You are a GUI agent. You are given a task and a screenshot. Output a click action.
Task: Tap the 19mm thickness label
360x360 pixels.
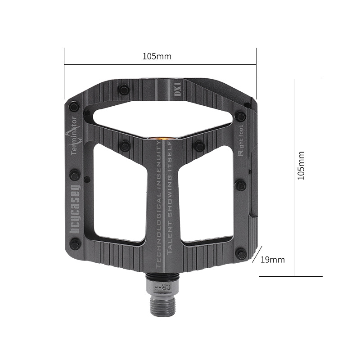point(273,260)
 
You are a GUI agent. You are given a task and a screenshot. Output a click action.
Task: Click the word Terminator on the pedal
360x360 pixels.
point(75,135)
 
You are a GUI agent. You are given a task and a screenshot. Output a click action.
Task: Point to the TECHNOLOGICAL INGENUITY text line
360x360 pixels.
point(158,205)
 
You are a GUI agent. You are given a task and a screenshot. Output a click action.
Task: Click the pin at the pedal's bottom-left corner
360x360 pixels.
point(76,245)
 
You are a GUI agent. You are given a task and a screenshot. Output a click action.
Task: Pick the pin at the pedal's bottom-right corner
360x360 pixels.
point(242,255)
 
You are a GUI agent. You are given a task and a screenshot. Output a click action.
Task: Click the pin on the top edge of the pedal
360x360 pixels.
point(124,90)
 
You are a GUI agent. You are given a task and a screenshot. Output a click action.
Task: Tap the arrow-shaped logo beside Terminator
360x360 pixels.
point(69,135)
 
